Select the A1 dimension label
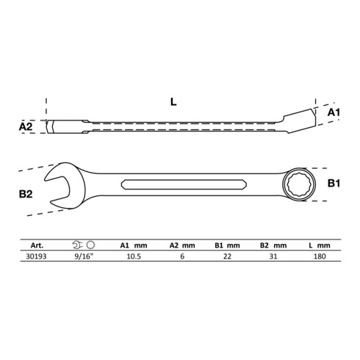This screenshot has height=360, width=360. click(x=332, y=111)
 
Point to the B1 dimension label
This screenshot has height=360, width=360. click(x=332, y=183)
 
